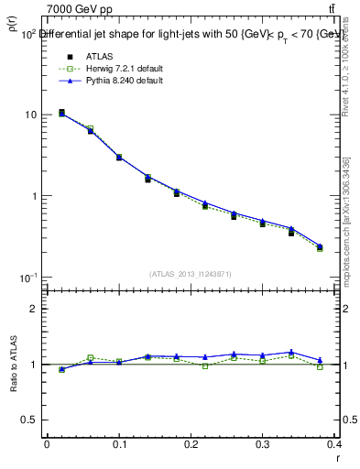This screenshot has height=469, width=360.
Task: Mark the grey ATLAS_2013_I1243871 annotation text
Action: point(191,274)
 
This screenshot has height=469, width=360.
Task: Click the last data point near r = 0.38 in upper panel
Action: point(320,247)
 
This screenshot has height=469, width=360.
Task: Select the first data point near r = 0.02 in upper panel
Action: point(61,113)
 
